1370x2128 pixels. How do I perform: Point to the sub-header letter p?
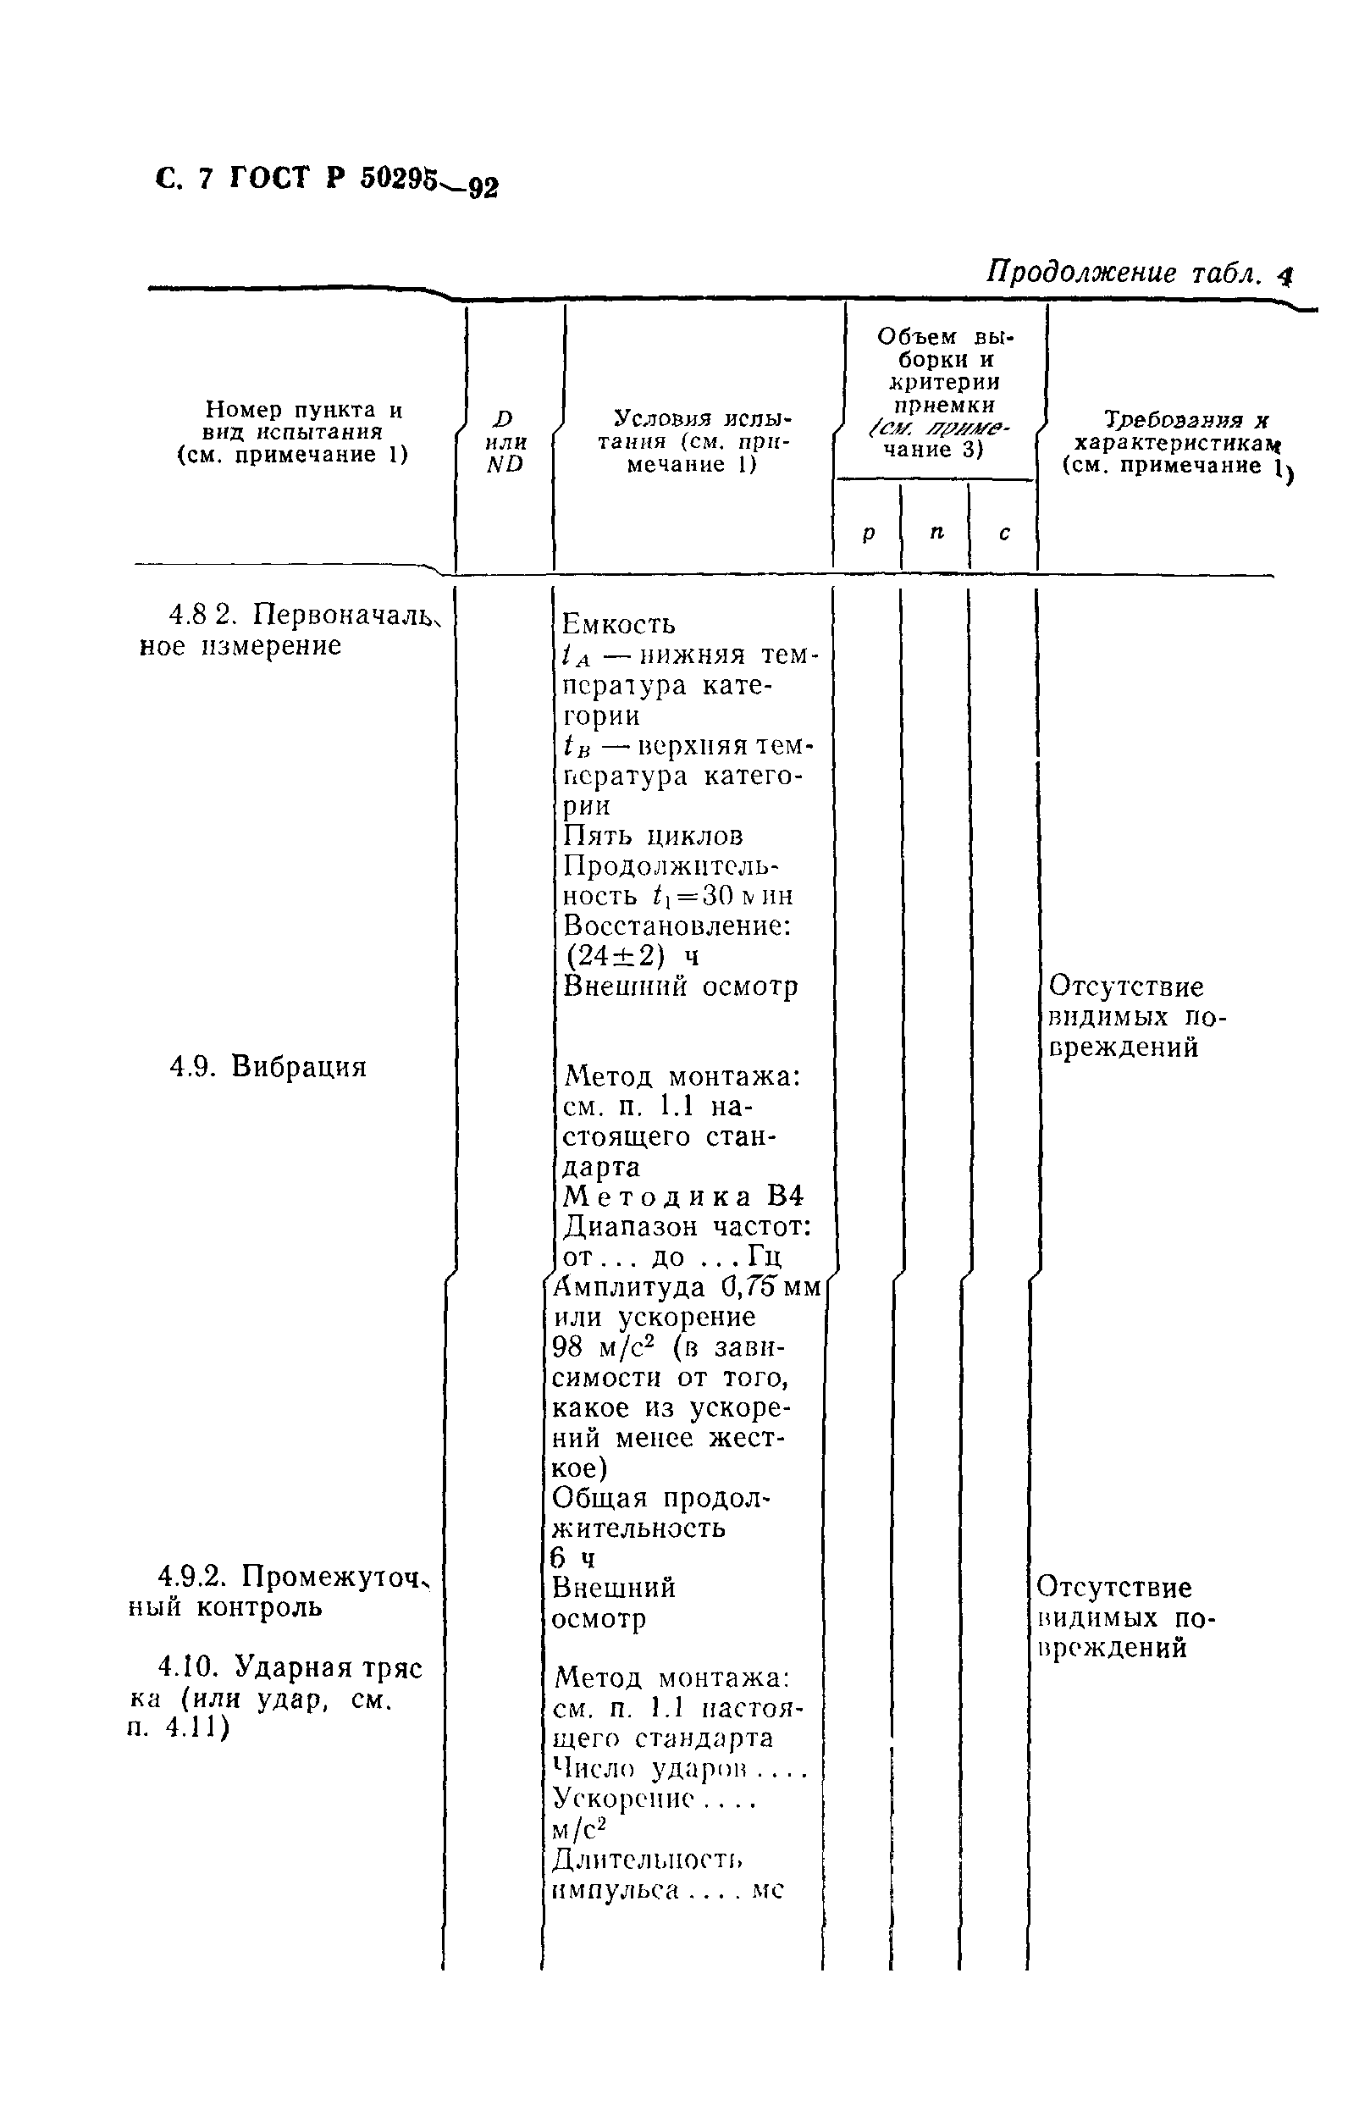pos(868,533)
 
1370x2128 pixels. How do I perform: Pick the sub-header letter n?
pos(936,532)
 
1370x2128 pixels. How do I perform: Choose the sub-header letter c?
pos(1004,533)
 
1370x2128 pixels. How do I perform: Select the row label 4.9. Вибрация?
pos(268,1066)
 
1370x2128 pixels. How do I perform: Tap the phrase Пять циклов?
pos(654,837)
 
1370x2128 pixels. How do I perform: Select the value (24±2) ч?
pos(633,956)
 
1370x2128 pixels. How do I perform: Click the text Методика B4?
pos(684,1196)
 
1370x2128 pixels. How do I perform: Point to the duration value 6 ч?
pos(573,1558)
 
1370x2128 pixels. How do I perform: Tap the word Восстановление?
pos(677,926)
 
